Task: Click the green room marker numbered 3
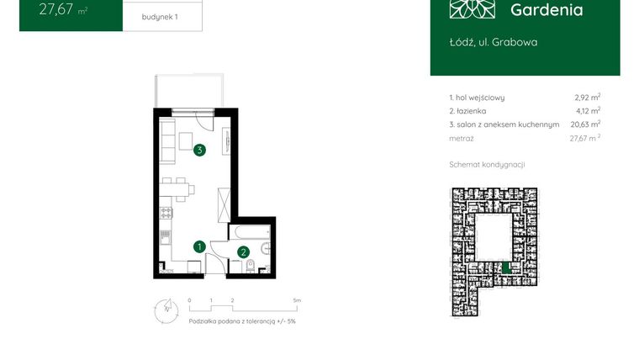199,151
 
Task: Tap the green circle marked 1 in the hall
199,246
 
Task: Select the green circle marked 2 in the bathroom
243,251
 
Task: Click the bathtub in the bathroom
251,230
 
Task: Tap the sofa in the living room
167,140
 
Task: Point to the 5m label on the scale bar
297,299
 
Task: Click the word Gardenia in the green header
547,10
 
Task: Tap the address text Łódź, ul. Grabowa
494,42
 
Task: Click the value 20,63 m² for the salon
584,124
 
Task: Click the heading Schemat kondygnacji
486,164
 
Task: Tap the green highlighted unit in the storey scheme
504,267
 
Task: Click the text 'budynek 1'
161,17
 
